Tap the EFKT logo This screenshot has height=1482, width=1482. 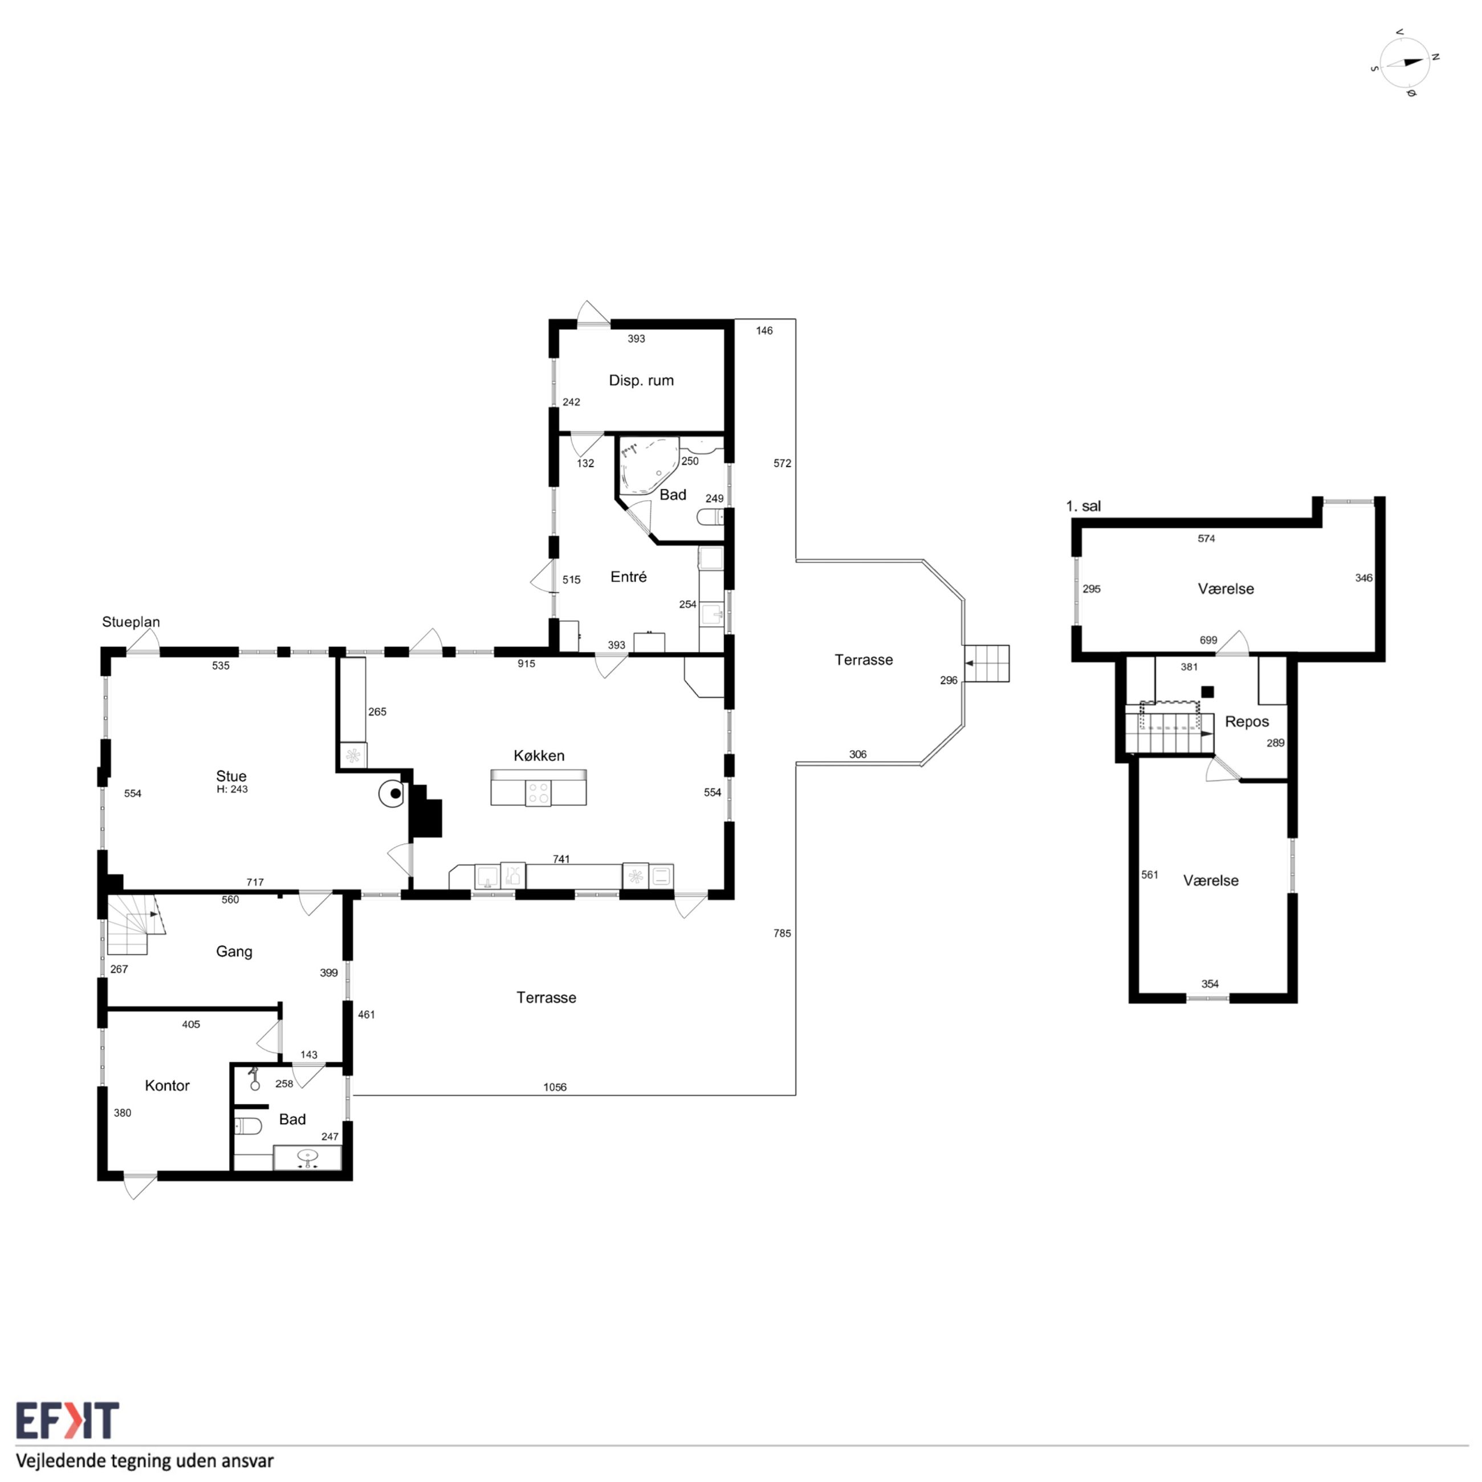[67, 1420]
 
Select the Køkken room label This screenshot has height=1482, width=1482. [539, 756]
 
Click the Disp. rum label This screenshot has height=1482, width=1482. [641, 380]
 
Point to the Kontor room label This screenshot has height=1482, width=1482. [167, 1085]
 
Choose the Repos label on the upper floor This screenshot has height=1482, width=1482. [1247, 722]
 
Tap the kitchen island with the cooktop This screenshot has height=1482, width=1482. [539, 788]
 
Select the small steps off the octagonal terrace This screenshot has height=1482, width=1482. [987, 663]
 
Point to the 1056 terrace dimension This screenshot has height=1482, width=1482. [555, 1087]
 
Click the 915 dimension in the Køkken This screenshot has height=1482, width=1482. [526, 663]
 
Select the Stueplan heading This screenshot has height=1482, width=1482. [131, 622]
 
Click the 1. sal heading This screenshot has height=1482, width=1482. [1083, 506]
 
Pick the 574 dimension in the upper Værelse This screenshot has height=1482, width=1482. [1207, 539]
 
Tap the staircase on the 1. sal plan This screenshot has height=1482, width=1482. [1170, 732]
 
